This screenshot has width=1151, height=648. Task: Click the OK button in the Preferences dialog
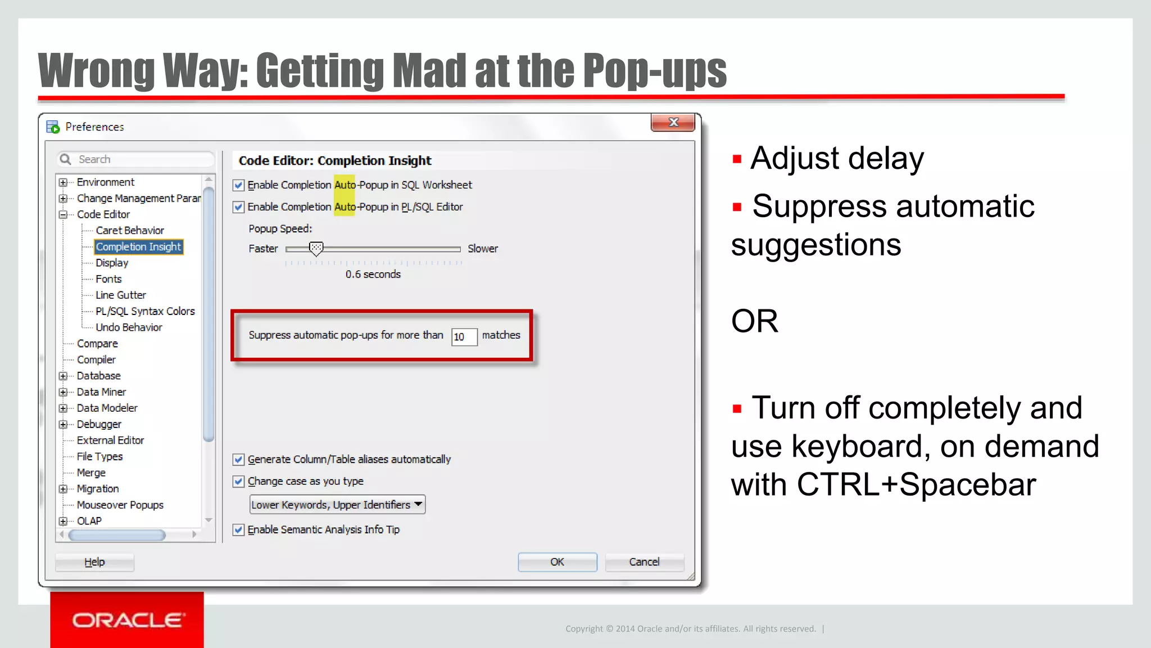click(557, 562)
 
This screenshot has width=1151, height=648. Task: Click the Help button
click(94, 562)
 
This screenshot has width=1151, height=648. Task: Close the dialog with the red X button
click(673, 122)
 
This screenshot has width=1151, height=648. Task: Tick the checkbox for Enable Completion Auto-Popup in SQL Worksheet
click(239, 185)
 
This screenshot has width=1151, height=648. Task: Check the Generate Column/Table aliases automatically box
click(239, 460)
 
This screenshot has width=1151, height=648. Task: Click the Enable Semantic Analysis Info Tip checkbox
click(239, 530)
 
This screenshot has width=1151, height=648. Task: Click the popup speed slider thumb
click(316, 248)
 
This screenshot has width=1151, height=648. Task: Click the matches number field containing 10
click(464, 336)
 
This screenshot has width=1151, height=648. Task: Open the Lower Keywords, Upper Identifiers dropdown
click(337, 505)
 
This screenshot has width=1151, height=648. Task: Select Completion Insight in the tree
click(138, 247)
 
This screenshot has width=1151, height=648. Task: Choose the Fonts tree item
click(108, 279)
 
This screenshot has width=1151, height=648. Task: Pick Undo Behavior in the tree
click(129, 327)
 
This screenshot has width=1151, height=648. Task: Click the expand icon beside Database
click(63, 376)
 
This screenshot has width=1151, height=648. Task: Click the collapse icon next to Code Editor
click(63, 214)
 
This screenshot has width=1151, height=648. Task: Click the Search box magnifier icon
click(66, 159)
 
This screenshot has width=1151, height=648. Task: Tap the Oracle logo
click(127, 620)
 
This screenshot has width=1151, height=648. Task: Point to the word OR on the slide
click(754, 321)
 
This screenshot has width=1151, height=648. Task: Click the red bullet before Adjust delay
click(737, 159)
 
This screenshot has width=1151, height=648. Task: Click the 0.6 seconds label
click(373, 274)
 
